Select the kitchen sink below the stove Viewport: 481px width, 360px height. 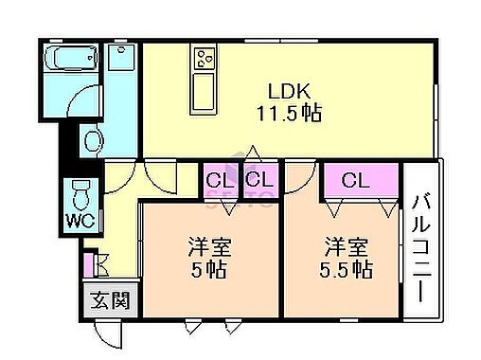coord(205,92)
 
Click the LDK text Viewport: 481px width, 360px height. coord(290,92)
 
